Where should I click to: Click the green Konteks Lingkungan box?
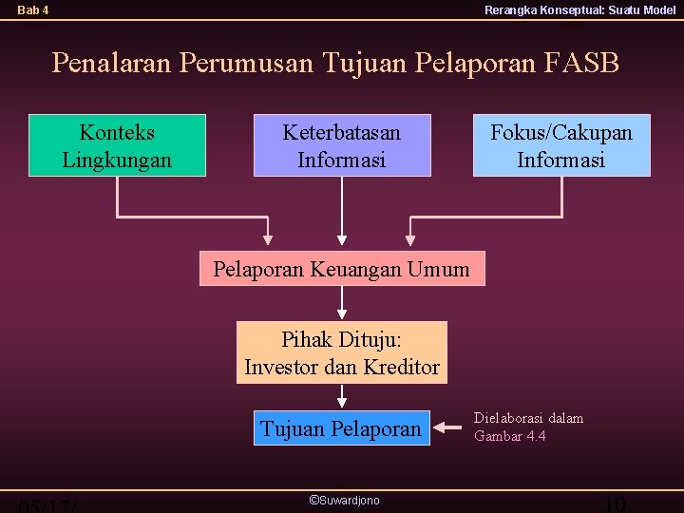point(117,145)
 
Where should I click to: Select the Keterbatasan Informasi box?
point(342,145)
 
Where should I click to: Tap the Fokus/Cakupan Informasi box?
point(561,145)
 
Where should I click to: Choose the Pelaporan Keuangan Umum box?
point(341,269)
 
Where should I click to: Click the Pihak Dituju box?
point(341,352)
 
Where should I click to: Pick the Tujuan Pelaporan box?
point(341,428)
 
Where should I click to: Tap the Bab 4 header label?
point(33,10)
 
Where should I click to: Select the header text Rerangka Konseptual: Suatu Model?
point(579,10)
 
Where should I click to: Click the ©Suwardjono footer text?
point(344,500)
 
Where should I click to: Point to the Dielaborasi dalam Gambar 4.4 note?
point(528,427)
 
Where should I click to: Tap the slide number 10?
point(615,504)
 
